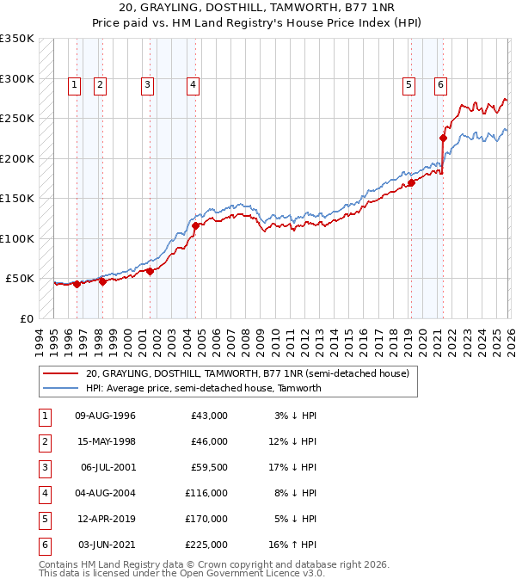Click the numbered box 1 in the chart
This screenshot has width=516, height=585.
(75, 84)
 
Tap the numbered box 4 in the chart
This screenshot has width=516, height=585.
(193, 84)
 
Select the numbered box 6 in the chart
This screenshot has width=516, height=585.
(440, 84)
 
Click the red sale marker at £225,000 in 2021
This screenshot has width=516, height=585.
(444, 138)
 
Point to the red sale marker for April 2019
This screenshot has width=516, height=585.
(411, 182)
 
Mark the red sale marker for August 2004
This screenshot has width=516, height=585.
(196, 225)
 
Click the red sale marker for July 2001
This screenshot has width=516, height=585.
(150, 271)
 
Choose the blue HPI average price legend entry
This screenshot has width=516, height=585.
(203, 388)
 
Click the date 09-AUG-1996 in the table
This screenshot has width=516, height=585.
(105, 416)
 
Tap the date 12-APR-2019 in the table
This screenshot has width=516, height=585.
(105, 520)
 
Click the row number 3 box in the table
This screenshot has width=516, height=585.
(43, 468)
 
